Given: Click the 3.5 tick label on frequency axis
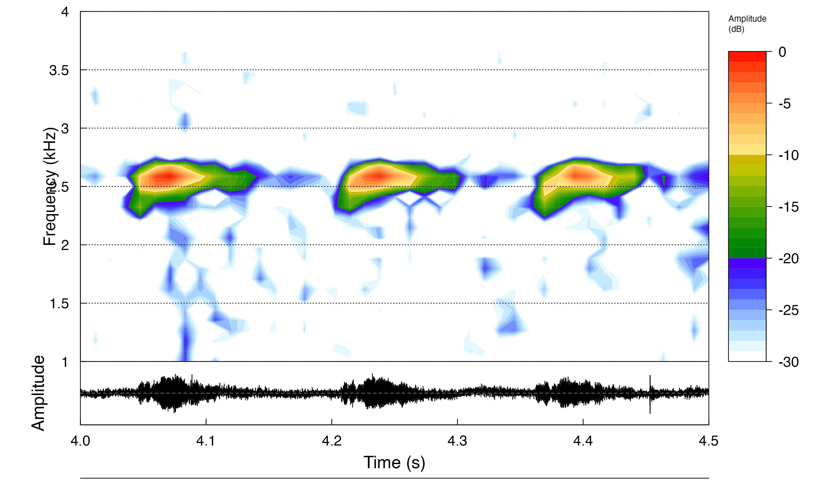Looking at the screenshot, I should pyautogui.click(x=59, y=70).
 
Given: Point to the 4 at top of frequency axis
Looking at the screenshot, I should pyautogui.click(x=65, y=12).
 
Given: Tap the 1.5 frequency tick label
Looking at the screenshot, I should pyautogui.click(x=59, y=304).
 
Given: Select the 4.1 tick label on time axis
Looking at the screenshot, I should pyautogui.click(x=206, y=441).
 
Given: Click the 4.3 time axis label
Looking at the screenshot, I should pyautogui.click(x=457, y=441).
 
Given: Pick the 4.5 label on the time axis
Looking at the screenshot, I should pyautogui.click(x=708, y=441).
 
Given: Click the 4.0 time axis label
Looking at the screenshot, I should pyautogui.click(x=80, y=441).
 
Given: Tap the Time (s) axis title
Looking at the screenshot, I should pyautogui.click(x=394, y=463).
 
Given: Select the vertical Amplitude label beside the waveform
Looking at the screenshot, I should pyautogui.click(x=38, y=393).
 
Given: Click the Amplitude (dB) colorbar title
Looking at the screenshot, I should pyautogui.click(x=747, y=24).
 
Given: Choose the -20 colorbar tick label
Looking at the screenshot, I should pyautogui.click(x=788, y=259).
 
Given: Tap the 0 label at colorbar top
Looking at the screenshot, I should pyautogui.click(x=782, y=52).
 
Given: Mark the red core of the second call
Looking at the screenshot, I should pyautogui.click(x=379, y=176).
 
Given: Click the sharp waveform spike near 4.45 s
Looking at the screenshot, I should pyautogui.click(x=650, y=393).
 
